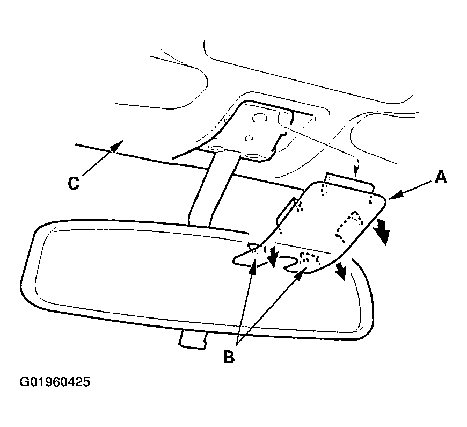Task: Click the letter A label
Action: pos(441,177)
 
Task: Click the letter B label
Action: pos(229,357)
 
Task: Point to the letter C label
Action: pos(74,183)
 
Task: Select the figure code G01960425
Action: pos(55,382)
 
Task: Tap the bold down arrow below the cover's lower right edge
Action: pos(341,271)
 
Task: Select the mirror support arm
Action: pos(214,189)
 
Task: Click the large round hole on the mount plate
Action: pos(259,119)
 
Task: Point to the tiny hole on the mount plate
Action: pos(249,138)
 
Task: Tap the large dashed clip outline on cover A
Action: pos(349,226)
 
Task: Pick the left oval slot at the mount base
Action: pos(216,148)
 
